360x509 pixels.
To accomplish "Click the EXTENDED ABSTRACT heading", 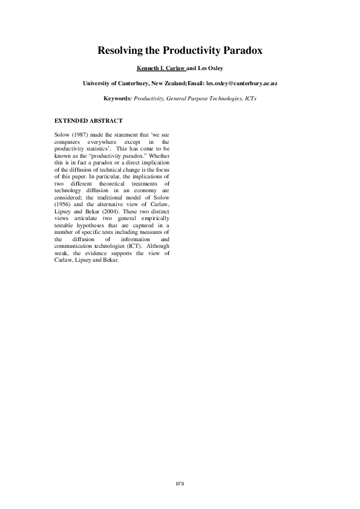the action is [88, 121].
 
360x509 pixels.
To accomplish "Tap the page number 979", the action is [180, 484].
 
